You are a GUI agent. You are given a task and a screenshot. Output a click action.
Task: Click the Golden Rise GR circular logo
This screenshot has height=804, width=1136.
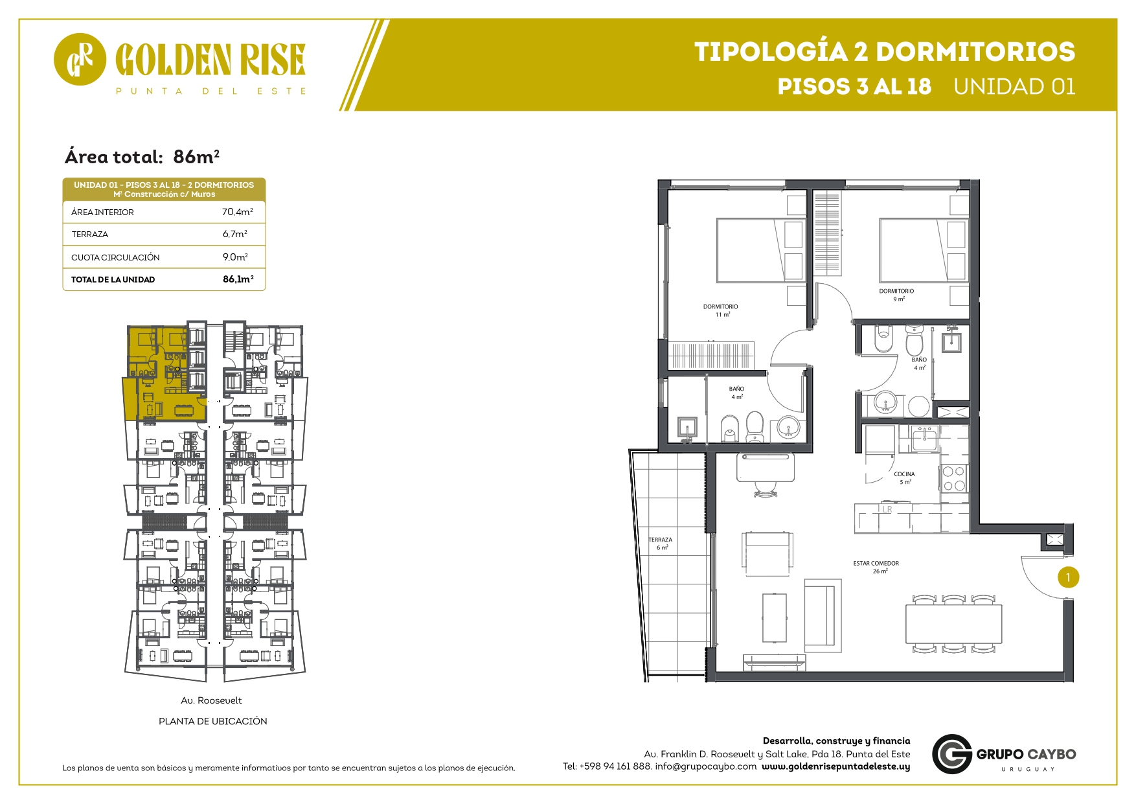pos(80,60)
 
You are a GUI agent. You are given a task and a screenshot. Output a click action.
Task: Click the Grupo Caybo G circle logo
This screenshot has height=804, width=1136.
pos(952,754)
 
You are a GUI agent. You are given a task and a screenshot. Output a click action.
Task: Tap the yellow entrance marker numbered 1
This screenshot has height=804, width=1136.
pos(1068,577)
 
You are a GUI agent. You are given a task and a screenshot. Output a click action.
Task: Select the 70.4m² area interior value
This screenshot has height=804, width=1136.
pos(237,212)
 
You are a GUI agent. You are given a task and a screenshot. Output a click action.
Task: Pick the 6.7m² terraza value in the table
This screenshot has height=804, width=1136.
pos(234,234)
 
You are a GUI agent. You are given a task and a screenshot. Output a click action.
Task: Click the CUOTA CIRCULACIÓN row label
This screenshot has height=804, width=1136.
pos(115,257)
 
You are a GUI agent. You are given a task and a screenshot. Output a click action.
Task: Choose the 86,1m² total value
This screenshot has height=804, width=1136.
pos(238,279)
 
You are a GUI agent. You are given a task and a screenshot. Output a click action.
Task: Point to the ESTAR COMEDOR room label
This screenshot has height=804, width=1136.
pos(876,564)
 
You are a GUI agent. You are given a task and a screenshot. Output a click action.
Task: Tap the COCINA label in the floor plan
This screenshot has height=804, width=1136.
pos(904,474)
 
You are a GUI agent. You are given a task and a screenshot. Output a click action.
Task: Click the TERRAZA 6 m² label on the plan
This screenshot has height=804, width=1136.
pos(661,544)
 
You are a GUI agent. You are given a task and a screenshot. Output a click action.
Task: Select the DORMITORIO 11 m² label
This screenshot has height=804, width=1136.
pos(720,310)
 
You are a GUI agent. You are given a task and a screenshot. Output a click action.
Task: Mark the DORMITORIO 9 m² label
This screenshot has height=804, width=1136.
pos(896,295)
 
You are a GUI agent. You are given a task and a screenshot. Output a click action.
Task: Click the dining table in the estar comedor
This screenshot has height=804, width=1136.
pos(953,624)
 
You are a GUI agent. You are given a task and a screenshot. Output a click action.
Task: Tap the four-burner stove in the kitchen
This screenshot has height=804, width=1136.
pos(953,479)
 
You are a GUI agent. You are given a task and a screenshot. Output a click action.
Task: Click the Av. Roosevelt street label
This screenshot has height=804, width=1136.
pos(211,700)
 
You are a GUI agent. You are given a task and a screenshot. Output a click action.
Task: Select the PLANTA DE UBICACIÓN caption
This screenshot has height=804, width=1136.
pos(212,721)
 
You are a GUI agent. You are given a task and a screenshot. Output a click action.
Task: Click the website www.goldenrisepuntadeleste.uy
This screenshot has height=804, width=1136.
pos(835,766)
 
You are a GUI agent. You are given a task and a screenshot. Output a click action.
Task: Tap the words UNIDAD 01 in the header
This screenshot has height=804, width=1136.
pos(1014,87)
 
